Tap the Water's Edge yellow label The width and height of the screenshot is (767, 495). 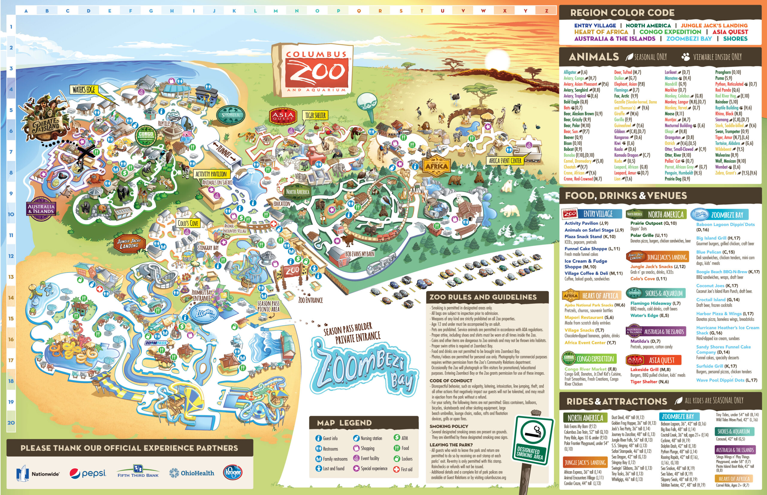tap(84, 90)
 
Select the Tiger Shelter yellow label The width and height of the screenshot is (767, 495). tap(315, 116)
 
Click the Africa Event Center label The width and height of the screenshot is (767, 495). tap(505, 161)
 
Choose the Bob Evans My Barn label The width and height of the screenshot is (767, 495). tap(360, 254)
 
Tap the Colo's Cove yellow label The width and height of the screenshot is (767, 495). tap(188, 223)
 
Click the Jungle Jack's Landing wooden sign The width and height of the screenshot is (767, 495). tap(129, 244)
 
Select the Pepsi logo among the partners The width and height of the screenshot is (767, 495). tap(87, 473)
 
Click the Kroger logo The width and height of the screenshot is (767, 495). tap(232, 473)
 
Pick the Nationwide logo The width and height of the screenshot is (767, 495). tap(38, 473)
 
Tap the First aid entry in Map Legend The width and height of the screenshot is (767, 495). tap(402, 469)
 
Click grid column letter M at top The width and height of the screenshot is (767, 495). tap(276, 11)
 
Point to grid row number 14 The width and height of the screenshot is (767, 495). tap(11, 298)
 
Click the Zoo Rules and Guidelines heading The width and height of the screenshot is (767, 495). tap(483, 297)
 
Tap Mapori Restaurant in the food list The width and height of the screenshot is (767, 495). tap(584, 317)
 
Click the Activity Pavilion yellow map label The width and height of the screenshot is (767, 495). tap(211, 174)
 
